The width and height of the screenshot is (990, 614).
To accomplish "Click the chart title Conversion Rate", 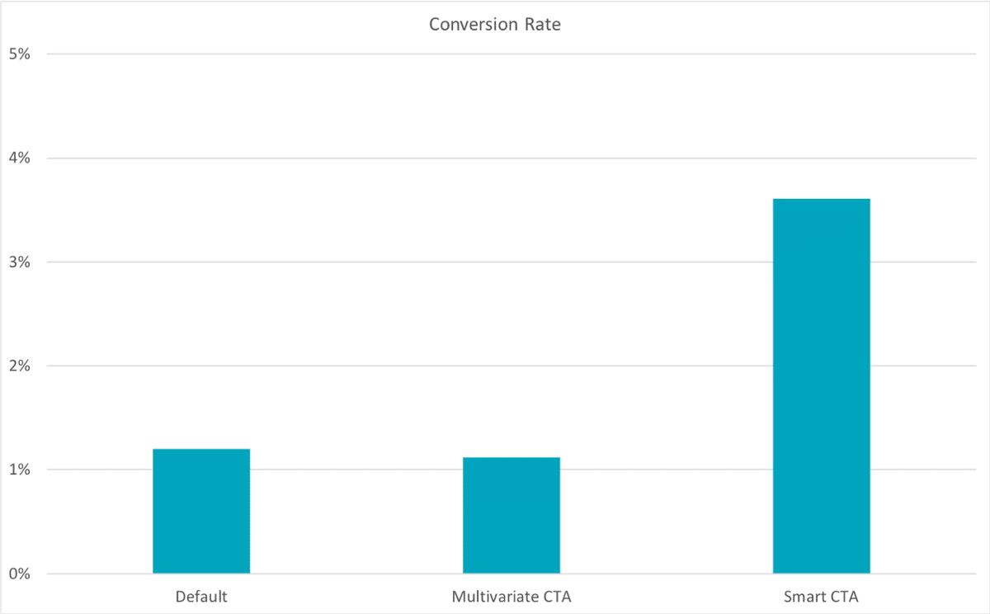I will click(x=494, y=25).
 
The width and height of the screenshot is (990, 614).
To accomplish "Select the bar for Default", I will click(x=201, y=512).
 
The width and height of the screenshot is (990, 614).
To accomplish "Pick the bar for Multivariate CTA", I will click(x=511, y=516).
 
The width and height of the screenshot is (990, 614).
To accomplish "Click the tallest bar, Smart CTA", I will click(x=821, y=388).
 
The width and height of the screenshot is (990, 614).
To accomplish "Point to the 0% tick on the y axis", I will click(x=20, y=574).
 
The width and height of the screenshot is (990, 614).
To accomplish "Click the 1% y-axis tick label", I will click(x=20, y=470).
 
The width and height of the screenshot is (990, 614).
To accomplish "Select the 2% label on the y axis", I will click(x=20, y=366).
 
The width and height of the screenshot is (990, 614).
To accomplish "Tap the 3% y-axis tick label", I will click(x=20, y=262).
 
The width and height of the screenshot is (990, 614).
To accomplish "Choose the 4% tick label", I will click(x=20, y=158).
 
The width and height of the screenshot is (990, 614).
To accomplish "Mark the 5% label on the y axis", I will click(x=20, y=54).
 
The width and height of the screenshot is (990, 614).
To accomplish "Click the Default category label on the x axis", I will click(x=201, y=596).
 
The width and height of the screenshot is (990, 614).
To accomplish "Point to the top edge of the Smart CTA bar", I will click(x=821, y=199).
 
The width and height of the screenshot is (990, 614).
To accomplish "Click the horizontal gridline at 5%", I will click(x=495, y=54).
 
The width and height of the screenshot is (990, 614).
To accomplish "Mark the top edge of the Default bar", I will click(x=201, y=449).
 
